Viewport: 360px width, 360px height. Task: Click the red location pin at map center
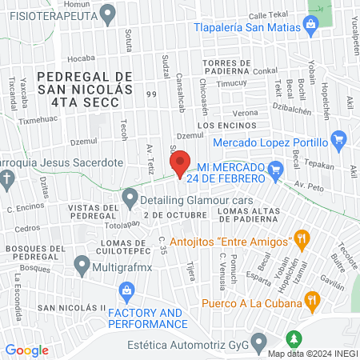click(x=181, y=163)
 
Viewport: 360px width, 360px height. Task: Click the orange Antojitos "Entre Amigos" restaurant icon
click(x=302, y=238)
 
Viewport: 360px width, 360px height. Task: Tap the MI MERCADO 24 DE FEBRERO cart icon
click(x=277, y=169)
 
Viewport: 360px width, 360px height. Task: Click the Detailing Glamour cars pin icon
click(x=130, y=197)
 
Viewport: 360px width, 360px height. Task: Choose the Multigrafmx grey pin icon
click(x=82, y=263)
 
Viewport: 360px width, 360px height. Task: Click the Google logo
click(x=27, y=350)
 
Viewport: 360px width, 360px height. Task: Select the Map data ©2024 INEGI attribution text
click(x=313, y=353)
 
